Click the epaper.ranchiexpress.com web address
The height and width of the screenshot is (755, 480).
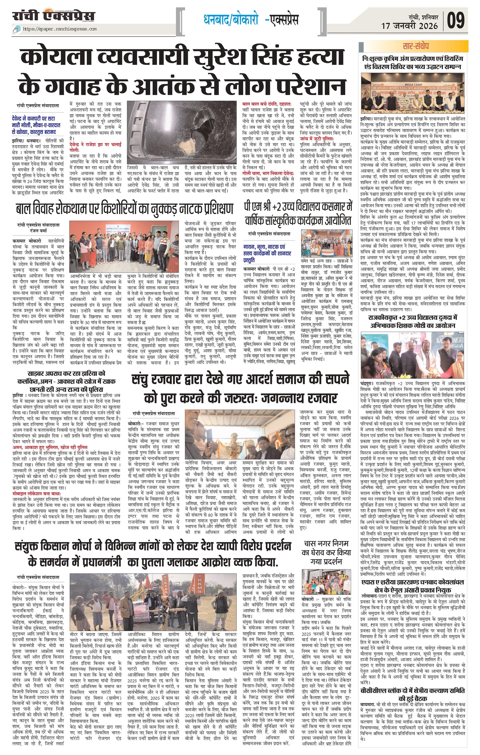[60, 29]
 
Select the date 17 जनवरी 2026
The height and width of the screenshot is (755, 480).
[409, 26]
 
